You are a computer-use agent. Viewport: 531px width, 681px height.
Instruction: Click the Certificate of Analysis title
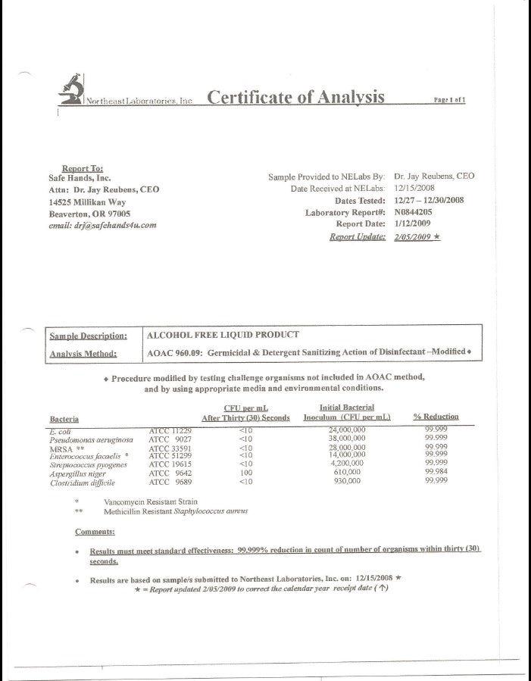pyautogui.click(x=295, y=97)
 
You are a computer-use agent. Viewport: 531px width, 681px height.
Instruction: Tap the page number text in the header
pyautogui.click(x=449, y=99)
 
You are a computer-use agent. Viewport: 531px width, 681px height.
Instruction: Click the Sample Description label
pyautogui.click(x=88, y=336)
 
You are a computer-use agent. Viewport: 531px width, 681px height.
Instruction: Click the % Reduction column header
pyautogui.click(x=436, y=417)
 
